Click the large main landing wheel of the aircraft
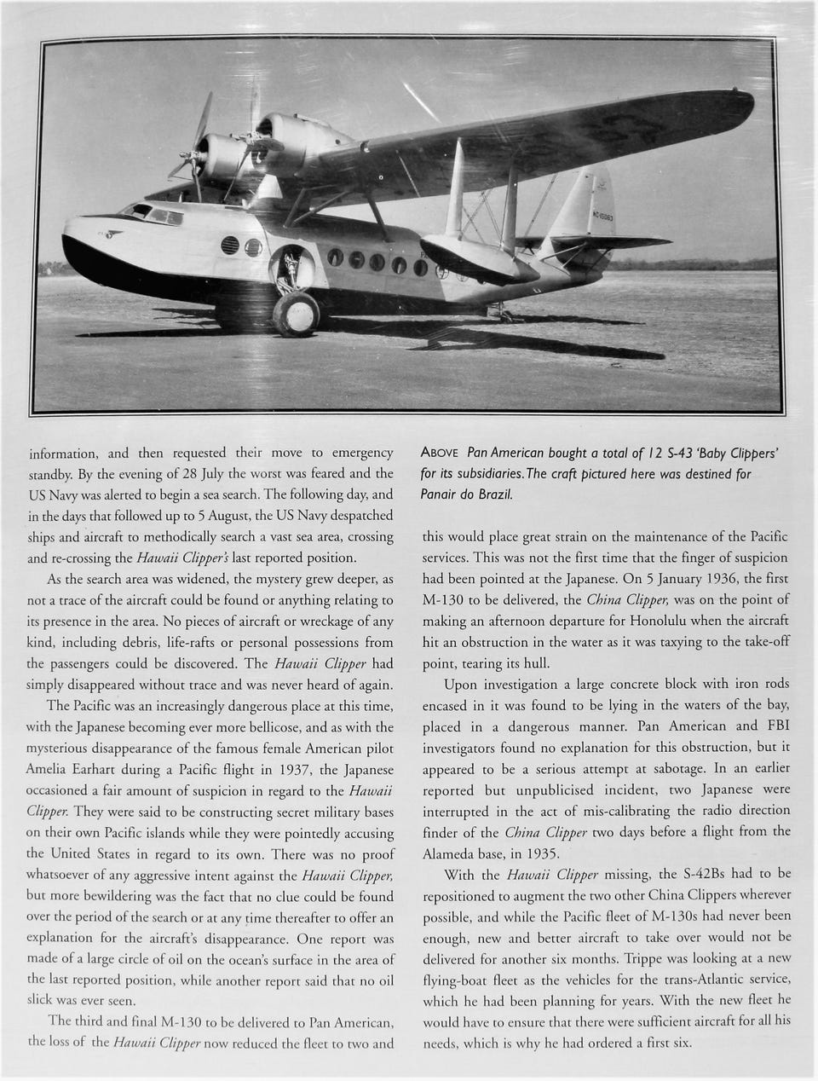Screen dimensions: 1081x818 point(297,313)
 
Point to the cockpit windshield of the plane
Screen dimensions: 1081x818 point(153,213)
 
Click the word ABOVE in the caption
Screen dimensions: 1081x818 point(441,453)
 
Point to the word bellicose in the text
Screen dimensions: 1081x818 point(315,727)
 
